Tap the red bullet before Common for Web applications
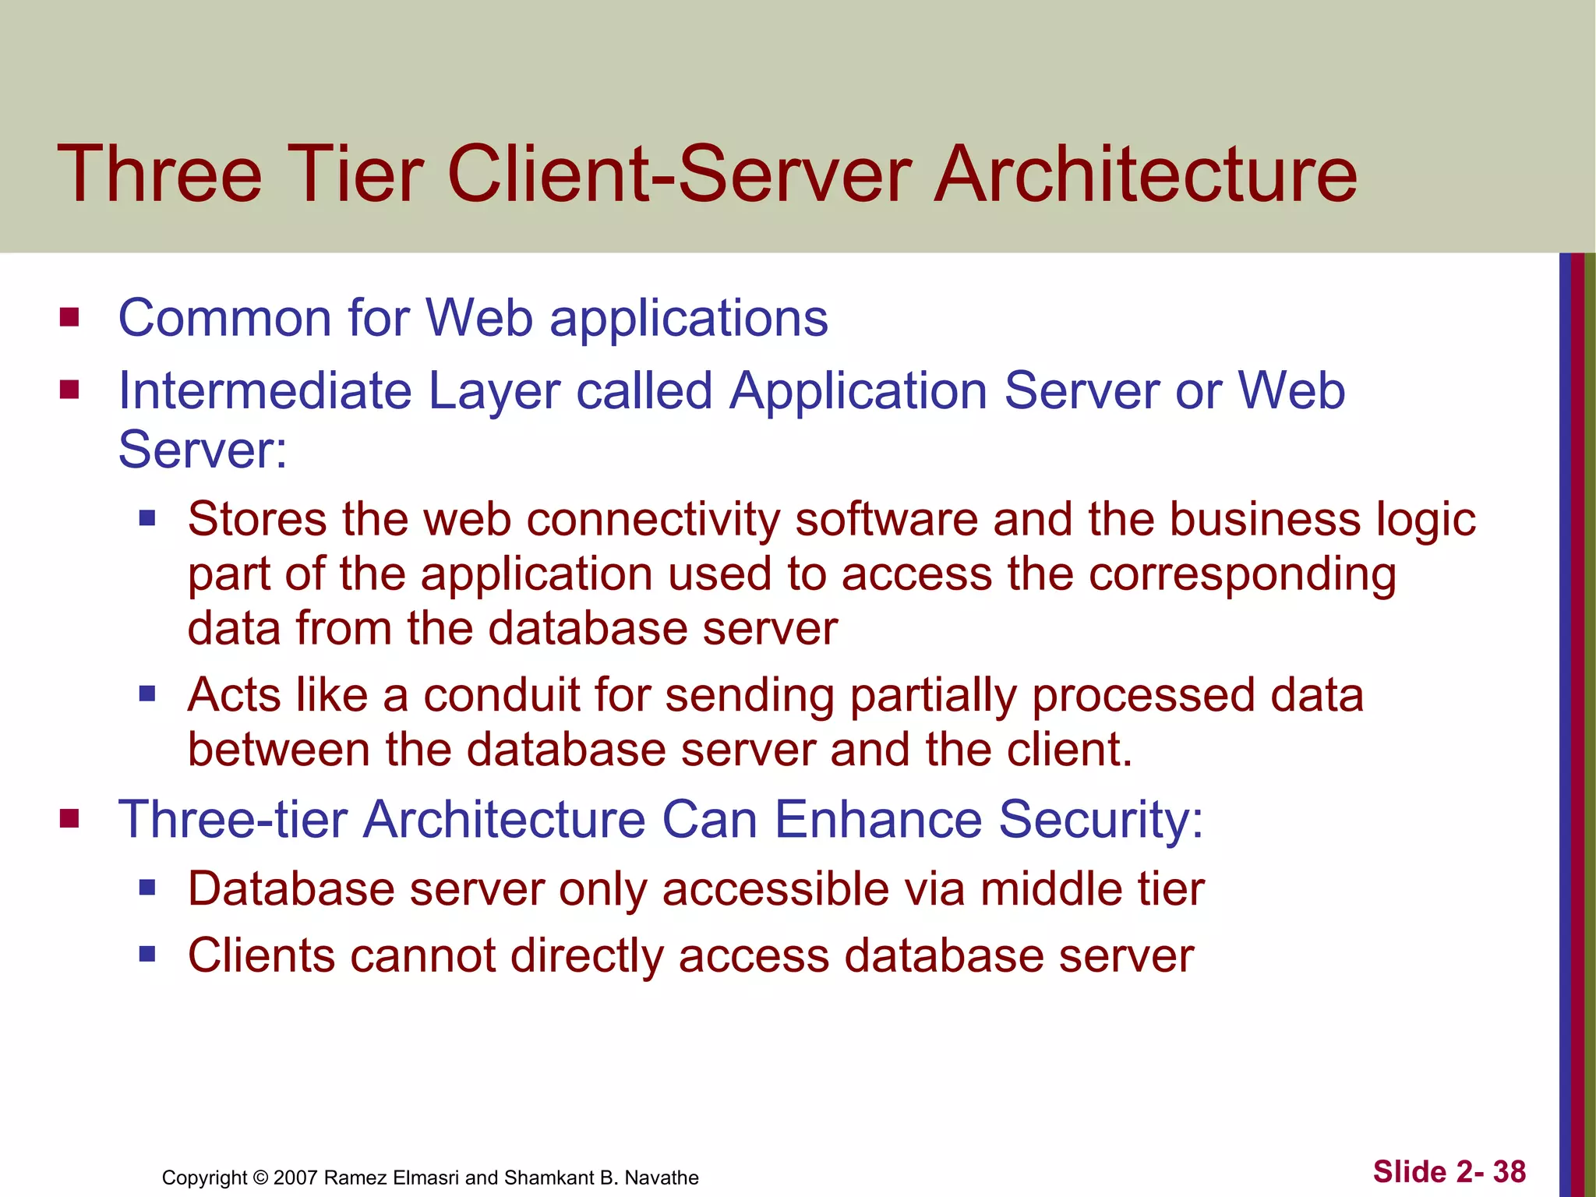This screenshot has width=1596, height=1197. point(69,317)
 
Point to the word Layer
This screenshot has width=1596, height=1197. point(494,391)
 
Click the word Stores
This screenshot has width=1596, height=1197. point(257,519)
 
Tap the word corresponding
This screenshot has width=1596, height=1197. point(1242,575)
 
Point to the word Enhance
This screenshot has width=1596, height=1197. point(877,819)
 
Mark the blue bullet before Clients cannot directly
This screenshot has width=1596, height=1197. point(147,954)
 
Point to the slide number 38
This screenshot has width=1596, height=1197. point(1509,1171)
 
